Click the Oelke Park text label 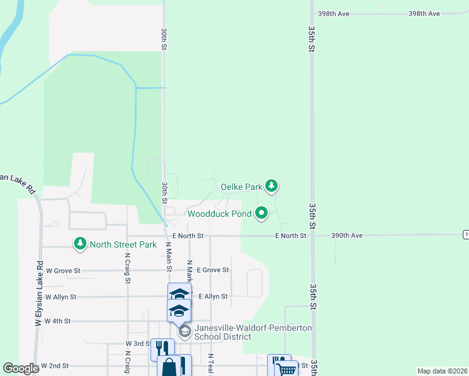pos(241,187)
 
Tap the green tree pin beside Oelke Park pos(271,185)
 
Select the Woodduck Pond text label pos(219,214)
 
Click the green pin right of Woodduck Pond pos(261,214)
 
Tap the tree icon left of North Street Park pos(80,244)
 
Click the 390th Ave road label pos(347,236)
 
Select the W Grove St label pos(63,271)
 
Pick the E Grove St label pos(213,270)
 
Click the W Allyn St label pos(61,296)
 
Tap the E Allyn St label pos(213,296)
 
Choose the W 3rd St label pos(138,344)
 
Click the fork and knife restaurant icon pos(162,348)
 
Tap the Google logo pos(21,368)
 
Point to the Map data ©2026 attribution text pos(441,371)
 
